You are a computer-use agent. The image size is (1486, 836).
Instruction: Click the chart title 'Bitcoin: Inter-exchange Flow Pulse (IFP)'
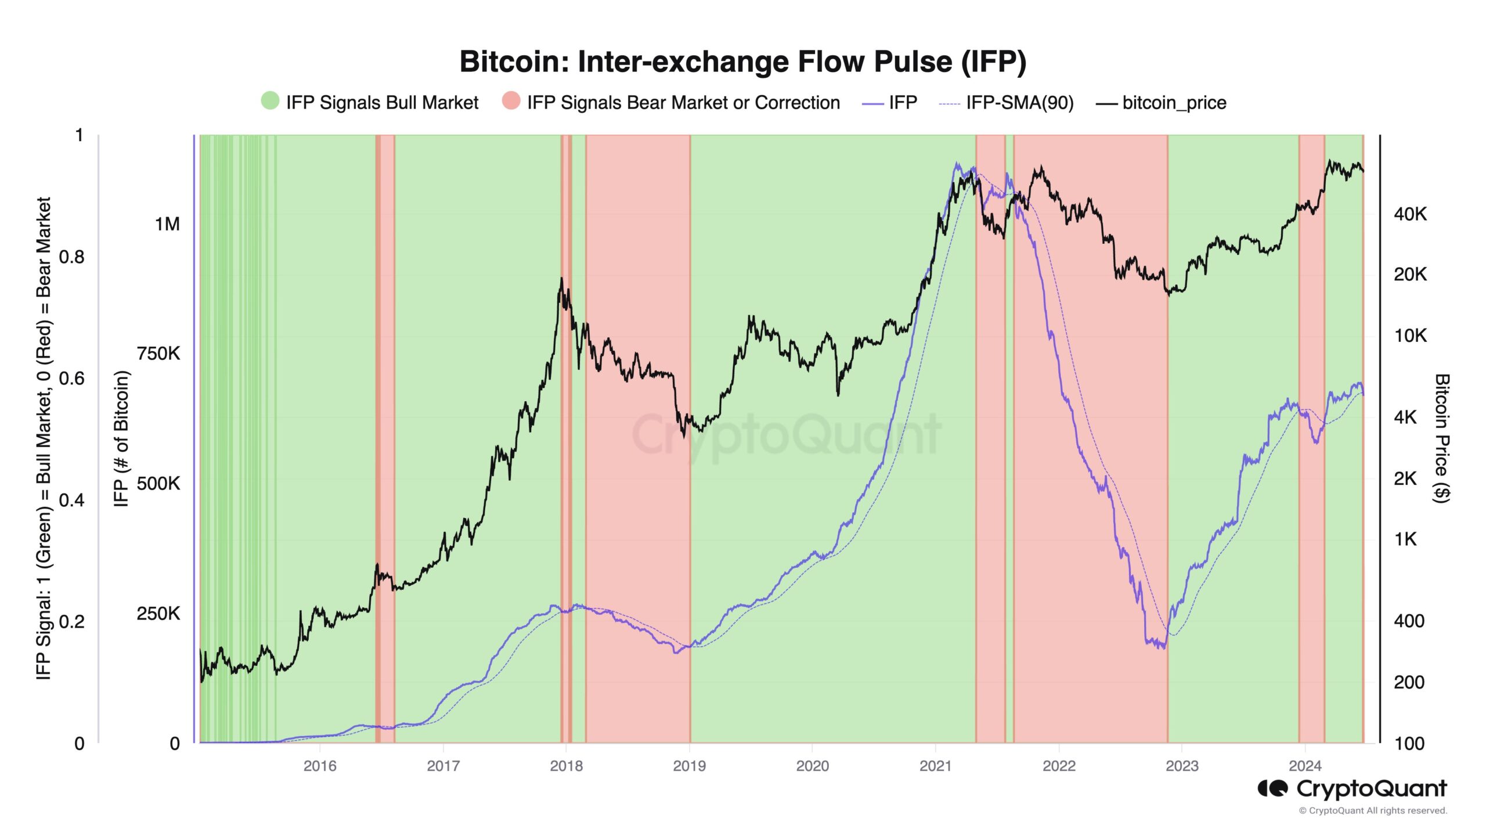click(x=742, y=62)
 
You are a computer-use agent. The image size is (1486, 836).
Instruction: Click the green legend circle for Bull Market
click(x=270, y=101)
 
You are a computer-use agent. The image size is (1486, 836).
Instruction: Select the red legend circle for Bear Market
click(x=511, y=101)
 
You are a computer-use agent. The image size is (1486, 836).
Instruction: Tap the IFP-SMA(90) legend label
click(x=1019, y=103)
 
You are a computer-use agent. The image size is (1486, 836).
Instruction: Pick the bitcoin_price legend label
click(x=1174, y=103)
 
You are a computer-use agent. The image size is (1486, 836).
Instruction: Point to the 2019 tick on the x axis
click(x=689, y=766)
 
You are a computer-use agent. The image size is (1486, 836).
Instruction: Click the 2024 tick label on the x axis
click(x=1304, y=766)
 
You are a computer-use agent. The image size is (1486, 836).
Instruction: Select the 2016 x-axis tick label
click(x=320, y=766)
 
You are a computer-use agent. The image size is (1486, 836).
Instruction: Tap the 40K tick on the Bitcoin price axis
click(x=1410, y=214)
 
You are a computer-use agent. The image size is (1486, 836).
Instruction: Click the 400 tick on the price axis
click(x=1409, y=621)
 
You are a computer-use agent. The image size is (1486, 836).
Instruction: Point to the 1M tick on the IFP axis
click(x=167, y=224)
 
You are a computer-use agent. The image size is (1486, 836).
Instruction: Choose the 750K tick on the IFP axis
click(x=158, y=354)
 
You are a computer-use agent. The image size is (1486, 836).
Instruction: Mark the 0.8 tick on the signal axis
click(x=71, y=257)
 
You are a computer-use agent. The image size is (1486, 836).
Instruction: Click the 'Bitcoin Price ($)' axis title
click(x=1442, y=438)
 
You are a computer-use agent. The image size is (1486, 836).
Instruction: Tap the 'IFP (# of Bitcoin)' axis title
click(x=121, y=438)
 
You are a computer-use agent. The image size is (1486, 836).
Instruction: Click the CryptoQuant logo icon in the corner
click(x=1272, y=788)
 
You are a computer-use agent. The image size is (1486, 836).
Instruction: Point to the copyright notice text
click(x=1373, y=810)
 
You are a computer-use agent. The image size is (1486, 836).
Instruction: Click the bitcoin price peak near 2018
click(x=561, y=279)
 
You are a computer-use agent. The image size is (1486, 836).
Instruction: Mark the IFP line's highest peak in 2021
click(x=957, y=164)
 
